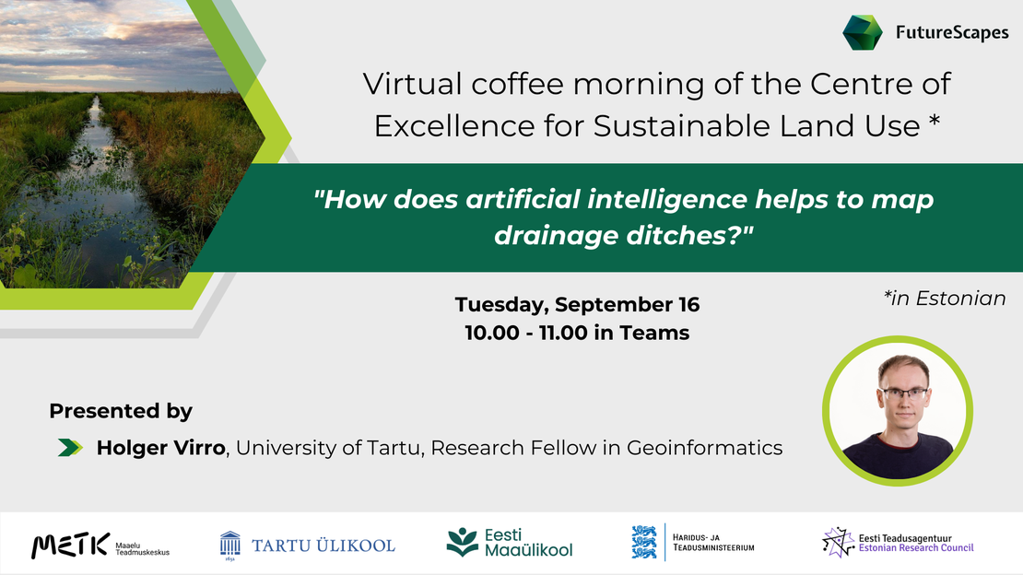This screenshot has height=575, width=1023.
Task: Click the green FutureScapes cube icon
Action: pyautogui.click(x=863, y=32)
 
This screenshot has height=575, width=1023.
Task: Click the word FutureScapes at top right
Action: pyautogui.click(x=952, y=33)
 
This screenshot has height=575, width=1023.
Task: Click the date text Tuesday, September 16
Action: pyautogui.click(x=577, y=304)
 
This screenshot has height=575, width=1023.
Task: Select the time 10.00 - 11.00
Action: pyautogui.click(x=526, y=333)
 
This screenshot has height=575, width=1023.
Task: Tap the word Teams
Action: pyautogui.click(x=654, y=333)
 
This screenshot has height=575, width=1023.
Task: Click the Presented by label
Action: pyautogui.click(x=121, y=411)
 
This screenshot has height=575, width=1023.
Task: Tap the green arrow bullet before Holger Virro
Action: pyautogui.click(x=69, y=448)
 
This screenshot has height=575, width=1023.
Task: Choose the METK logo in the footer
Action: pyautogui.click(x=70, y=546)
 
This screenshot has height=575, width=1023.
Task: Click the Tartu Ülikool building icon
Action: pyautogui.click(x=229, y=544)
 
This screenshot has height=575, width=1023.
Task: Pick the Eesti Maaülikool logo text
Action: pyautogui.click(x=528, y=543)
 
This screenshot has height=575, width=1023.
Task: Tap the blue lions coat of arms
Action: pyautogui.click(x=644, y=543)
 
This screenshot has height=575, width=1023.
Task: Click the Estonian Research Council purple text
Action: pyautogui.click(x=915, y=548)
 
